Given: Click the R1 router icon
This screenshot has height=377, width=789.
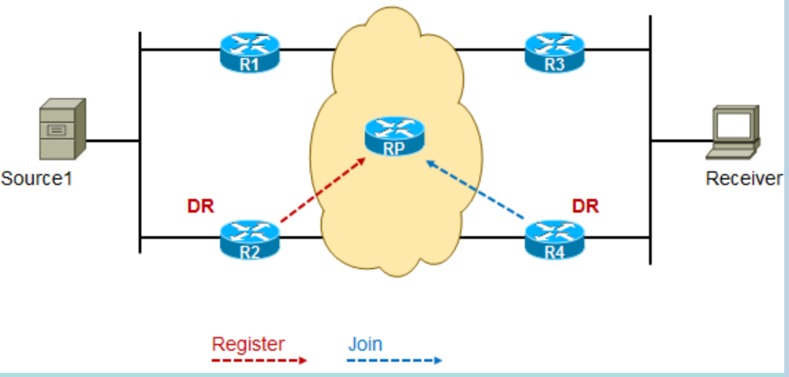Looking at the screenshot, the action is (x=250, y=52).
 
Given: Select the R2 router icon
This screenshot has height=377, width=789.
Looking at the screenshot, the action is (x=250, y=240).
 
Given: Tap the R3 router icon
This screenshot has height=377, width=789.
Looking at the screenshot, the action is (x=554, y=52).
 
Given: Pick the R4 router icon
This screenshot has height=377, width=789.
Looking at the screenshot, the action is (x=554, y=240).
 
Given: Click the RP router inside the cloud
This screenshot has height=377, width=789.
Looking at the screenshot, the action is (x=394, y=136).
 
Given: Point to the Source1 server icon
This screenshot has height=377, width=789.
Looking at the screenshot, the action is (x=63, y=129).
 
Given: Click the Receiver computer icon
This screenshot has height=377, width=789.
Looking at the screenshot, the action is (x=733, y=132).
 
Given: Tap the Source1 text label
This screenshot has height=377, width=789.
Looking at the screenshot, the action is (x=37, y=178).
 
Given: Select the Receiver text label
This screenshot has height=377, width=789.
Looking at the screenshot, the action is (x=744, y=178).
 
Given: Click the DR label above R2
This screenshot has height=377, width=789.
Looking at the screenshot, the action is (x=200, y=206).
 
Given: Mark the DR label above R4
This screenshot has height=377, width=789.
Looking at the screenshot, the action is (x=586, y=206).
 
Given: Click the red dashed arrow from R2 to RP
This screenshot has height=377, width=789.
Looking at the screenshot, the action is (x=323, y=190).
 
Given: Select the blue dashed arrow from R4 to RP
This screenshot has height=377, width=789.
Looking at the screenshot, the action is (x=475, y=190).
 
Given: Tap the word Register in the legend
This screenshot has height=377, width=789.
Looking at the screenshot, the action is (x=248, y=345).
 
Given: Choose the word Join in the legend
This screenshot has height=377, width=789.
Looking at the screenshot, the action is (x=366, y=345).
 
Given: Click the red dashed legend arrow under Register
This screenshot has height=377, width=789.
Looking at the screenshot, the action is (x=259, y=360).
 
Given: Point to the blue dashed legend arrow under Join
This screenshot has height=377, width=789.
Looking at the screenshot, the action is (x=394, y=360).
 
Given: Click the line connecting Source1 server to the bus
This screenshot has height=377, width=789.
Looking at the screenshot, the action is (x=112, y=141).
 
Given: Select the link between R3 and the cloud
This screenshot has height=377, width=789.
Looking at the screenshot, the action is (x=490, y=50).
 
